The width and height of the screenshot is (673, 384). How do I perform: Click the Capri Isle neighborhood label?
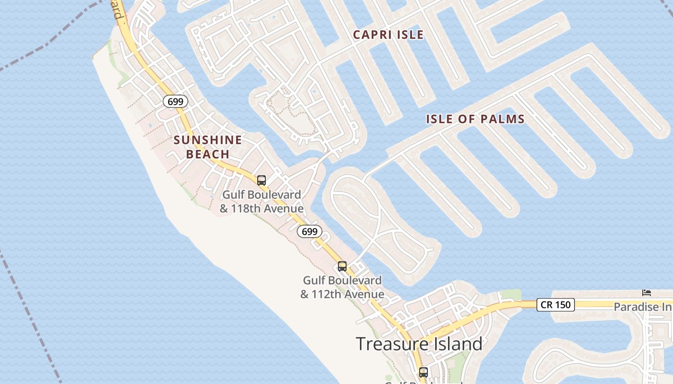click(x=388, y=35)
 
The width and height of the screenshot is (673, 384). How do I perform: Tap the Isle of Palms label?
click(x=475, y=119)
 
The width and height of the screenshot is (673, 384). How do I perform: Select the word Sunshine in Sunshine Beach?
click(x=208, y=140)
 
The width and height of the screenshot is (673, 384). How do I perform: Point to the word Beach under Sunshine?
click(x=208, y=154)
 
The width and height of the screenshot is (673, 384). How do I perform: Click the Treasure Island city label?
click(x=419, y=344)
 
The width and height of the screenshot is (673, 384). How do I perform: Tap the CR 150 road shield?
click(x=555, y=304)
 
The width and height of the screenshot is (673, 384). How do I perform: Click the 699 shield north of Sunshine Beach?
click(x=175, y=101)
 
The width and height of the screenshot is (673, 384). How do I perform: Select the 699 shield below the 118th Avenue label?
click(x=310, y=231)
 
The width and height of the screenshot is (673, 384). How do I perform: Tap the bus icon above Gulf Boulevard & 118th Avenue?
click(x=262, y=180)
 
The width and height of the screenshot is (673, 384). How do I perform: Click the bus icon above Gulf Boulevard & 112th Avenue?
click(x=342, y=266)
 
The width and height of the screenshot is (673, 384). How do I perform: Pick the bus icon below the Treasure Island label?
click(x=423, y=372)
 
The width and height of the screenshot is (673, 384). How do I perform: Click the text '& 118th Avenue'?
click(x=262, y=209)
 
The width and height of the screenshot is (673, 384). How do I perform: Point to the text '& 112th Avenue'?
click(x=342, y=294)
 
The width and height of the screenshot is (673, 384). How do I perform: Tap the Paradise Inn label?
click(x=643, y=307)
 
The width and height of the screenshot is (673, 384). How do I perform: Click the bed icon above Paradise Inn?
click(x=647, y=292)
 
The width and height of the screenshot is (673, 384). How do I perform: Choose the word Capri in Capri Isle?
click(x=370, y=35)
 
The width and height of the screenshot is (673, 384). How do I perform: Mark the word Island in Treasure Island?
click(x=457, y=344)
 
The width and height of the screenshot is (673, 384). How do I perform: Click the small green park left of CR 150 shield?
click(x=511, y=294)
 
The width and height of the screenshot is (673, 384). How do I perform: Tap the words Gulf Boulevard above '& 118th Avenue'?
click(x=262, y=195)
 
